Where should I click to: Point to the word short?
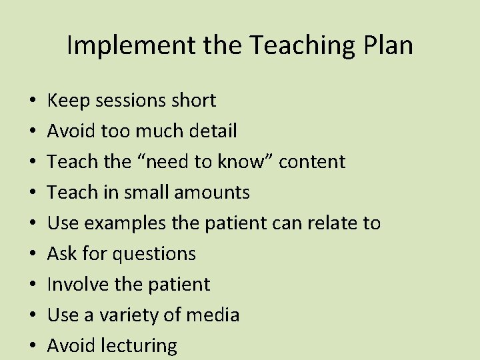point(193,101)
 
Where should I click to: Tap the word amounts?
point(211,193)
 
